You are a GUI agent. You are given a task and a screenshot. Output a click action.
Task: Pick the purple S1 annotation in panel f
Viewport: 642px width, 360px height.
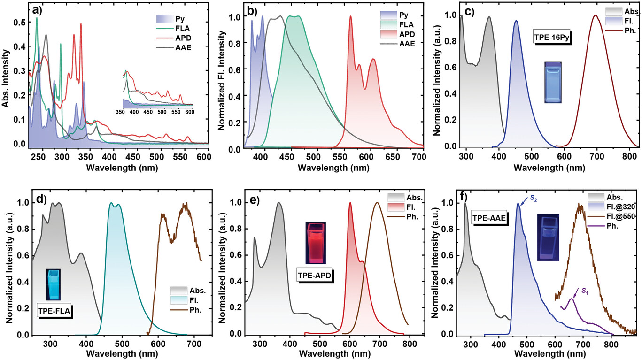point(585,291)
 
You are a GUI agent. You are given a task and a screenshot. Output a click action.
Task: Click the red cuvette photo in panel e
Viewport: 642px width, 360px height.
point(315,242)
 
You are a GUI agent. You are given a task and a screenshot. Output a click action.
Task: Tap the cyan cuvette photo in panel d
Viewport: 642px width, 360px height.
point(54,284)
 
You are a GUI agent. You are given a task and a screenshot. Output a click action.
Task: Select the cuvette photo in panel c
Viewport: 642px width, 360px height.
point(553,82)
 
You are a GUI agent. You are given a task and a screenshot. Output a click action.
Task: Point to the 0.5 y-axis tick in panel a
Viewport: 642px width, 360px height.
point(19,22)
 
